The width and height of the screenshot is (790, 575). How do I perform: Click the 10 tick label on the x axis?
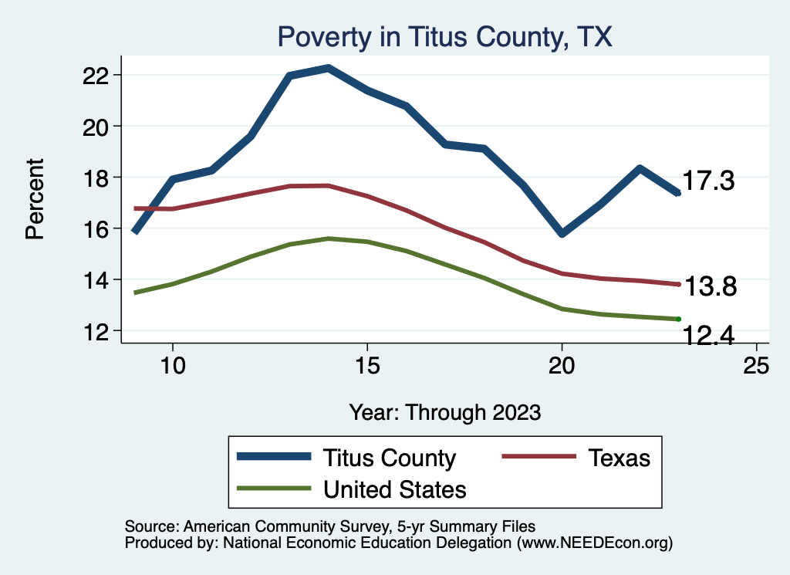(x=172, y=365)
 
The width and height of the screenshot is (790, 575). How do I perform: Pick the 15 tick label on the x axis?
(x=366, y=365)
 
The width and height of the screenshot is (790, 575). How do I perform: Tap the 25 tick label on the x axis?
(x=756, y=365)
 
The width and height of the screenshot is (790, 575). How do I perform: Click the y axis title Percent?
(x=35, y=198)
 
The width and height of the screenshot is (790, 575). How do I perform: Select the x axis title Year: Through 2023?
(x=444, y=411)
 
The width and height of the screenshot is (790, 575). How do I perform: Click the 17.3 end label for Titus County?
(x=708, y=182)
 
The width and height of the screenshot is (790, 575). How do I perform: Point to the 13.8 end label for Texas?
(x=711, y=287)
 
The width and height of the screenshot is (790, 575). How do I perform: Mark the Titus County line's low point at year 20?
(x=562, y=233)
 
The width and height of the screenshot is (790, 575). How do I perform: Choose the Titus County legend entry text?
(x=390, y=458)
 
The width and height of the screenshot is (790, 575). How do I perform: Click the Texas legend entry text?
(x=620, y=458)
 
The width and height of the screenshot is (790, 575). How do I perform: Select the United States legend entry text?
(x=395, y=489)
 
